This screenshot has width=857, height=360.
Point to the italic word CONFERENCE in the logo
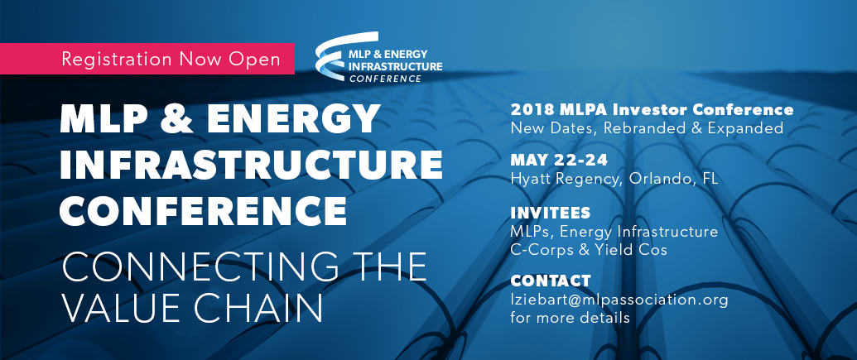(x=385, y=79)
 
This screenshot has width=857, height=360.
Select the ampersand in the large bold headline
(x=176, y=118)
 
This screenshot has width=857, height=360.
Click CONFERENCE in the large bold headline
(x=204, y=209)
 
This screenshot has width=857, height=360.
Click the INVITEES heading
(x=551, y=213)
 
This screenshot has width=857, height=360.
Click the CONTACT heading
(x=551, y=281)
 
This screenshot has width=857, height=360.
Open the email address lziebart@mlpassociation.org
(x=619, y=300)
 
